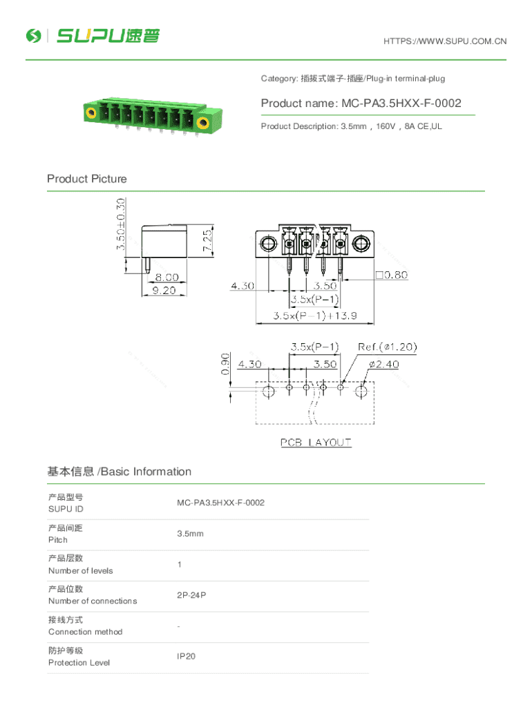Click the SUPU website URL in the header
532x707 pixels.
coord(445,41)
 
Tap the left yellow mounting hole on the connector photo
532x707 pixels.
coord(91,112)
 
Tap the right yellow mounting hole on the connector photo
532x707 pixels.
coord(203,123)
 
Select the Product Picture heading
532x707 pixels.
coord(86,179)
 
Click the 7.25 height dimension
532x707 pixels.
coord(207,241)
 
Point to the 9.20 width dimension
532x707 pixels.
coord(164,291)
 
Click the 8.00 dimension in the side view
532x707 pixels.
coord(167,277)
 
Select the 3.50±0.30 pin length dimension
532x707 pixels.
coord(120,224)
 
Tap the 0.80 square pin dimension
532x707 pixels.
coord(392,275)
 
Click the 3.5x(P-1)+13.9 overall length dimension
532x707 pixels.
coord(315,316)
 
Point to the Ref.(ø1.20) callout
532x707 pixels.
coord(387,347)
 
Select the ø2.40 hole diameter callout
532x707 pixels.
coord(384,365)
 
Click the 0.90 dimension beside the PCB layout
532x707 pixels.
coord(225,364)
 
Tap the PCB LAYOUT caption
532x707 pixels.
coord(316,443)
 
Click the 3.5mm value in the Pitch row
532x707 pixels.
coord(190,534)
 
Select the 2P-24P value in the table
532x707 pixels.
coord(191,595)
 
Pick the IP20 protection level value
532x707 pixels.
coord(186,657)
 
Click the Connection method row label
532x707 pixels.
coord(85,632)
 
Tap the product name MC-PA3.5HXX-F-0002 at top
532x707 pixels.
coord(361,104)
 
